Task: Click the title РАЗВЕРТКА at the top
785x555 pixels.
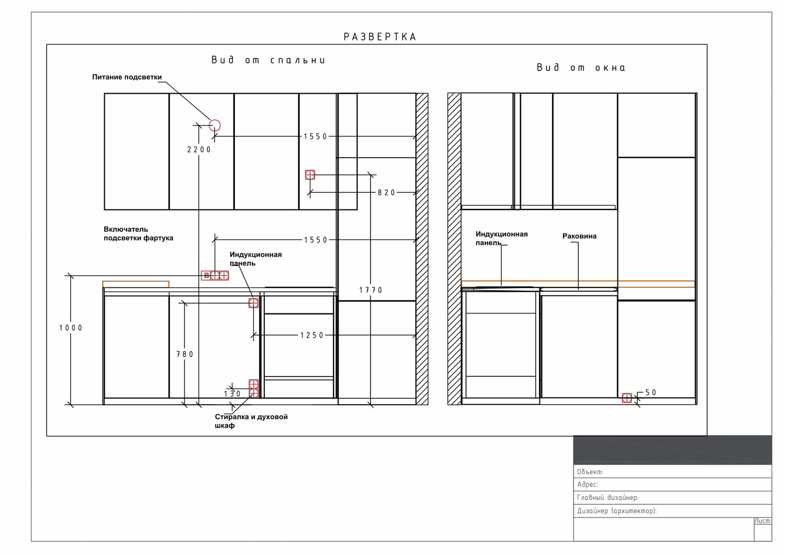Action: point(380,37)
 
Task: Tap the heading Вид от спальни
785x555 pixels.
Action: point(268,60)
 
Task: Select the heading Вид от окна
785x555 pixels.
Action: point(581,68)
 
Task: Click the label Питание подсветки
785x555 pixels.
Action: point(127,77)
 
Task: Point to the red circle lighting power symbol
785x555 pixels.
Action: point(215,125)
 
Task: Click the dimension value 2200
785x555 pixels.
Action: point(199,150)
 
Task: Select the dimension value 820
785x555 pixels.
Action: point(386,193)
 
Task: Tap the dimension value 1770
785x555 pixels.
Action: point(371,290)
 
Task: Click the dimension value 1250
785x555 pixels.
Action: point(311,335)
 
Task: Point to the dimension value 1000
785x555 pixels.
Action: point(71,328)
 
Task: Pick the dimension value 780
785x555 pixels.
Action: point(185,354)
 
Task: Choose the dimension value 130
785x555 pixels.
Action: point(232,394)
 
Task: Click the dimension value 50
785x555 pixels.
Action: point(651,393)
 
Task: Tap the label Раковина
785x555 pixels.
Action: point(579,236)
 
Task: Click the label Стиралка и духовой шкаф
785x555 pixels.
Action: point(251,421)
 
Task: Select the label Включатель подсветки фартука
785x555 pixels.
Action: point(138,234)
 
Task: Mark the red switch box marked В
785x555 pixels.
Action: point(206,275)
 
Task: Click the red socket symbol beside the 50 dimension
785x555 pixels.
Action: point(626,397)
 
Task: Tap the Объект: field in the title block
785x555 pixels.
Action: point(590,472)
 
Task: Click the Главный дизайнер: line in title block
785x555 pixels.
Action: point(608,497)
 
